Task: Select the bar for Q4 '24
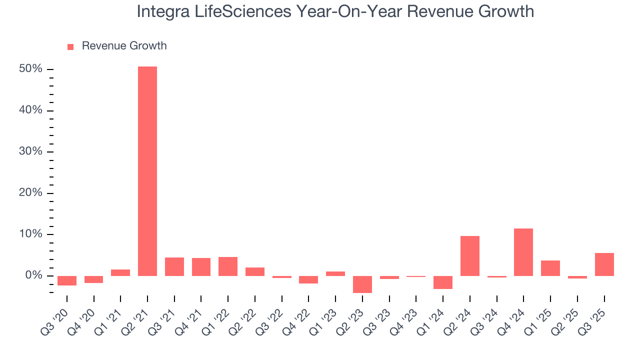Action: coord(523,252)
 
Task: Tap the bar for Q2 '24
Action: coord(470,256)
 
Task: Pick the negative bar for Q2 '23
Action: coord(362,284)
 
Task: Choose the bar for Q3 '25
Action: coord(604,264)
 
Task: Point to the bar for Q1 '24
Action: coord(443,282)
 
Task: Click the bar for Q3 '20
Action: coord(67,280)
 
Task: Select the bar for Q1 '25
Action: coord(550,268)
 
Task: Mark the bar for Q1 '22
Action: coord(228,266)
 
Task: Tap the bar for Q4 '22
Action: coord(308,279)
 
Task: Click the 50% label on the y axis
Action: coord(30,69)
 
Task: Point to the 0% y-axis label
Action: coord(33,276)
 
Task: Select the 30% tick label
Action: coord(30,152)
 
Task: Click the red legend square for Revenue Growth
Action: coord(70,46)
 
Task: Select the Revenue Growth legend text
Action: coord(124,46)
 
